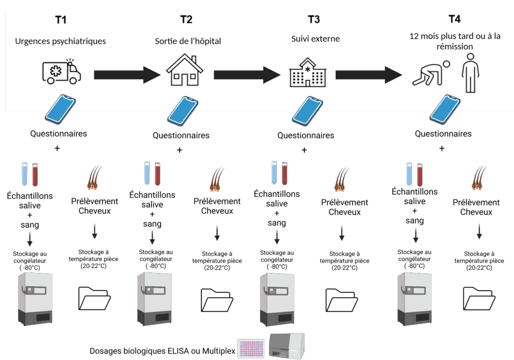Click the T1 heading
60,20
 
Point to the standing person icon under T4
470,73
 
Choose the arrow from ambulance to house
126,75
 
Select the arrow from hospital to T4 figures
369,75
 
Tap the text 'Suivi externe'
315,39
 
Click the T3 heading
314,20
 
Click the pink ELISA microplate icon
251,348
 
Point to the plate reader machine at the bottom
287,346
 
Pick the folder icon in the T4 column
479,299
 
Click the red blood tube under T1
35,175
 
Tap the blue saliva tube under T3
275,173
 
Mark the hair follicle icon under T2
216,179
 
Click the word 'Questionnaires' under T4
443,134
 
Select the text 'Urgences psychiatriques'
60,41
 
